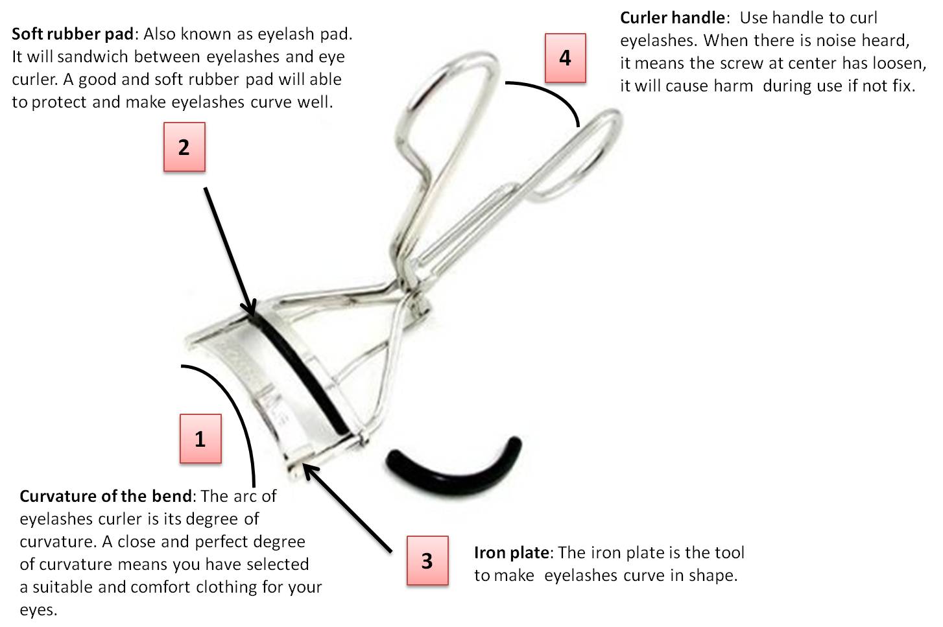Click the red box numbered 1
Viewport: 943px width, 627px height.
(x=200, y=439)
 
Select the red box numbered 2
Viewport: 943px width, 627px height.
(x=184, y=147)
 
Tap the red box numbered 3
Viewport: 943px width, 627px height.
(x=427, y=560)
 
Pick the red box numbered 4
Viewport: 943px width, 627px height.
(x=565, y=58)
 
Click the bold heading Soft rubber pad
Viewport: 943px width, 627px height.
(x=73, y=34)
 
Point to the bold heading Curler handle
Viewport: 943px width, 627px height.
(x=671, y=18)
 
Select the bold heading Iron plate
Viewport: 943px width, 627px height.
(x=511, y=553)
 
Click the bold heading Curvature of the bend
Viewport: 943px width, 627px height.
(x=106, y=496)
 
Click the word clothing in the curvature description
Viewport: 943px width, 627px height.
(x=226, y=587)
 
